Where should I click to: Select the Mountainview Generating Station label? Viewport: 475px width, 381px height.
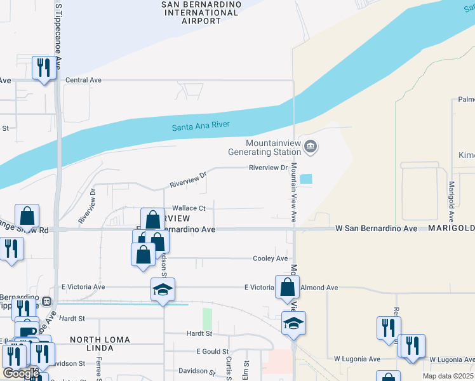[265, 147]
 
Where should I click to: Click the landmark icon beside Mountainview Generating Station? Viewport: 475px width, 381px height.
[311, 147]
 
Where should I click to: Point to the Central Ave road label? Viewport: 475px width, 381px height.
[84, 81]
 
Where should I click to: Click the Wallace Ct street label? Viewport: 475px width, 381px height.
[189, 208]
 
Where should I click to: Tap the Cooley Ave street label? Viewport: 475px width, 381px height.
[271, 258]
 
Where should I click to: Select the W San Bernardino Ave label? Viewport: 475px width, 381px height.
[376, 228]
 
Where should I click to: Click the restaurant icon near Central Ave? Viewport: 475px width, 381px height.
[44, 68]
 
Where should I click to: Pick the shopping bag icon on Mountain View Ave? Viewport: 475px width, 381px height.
[288, 286]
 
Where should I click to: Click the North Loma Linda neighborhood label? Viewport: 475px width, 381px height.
[100, 340]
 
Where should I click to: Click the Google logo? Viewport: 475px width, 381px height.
[21, 373]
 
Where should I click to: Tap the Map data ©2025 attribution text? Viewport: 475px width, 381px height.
[447, 376]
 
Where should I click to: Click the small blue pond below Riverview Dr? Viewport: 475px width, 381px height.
[306, 180]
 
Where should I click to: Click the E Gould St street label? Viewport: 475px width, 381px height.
[212, 352]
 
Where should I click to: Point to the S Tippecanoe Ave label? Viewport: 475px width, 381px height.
[58, 38]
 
